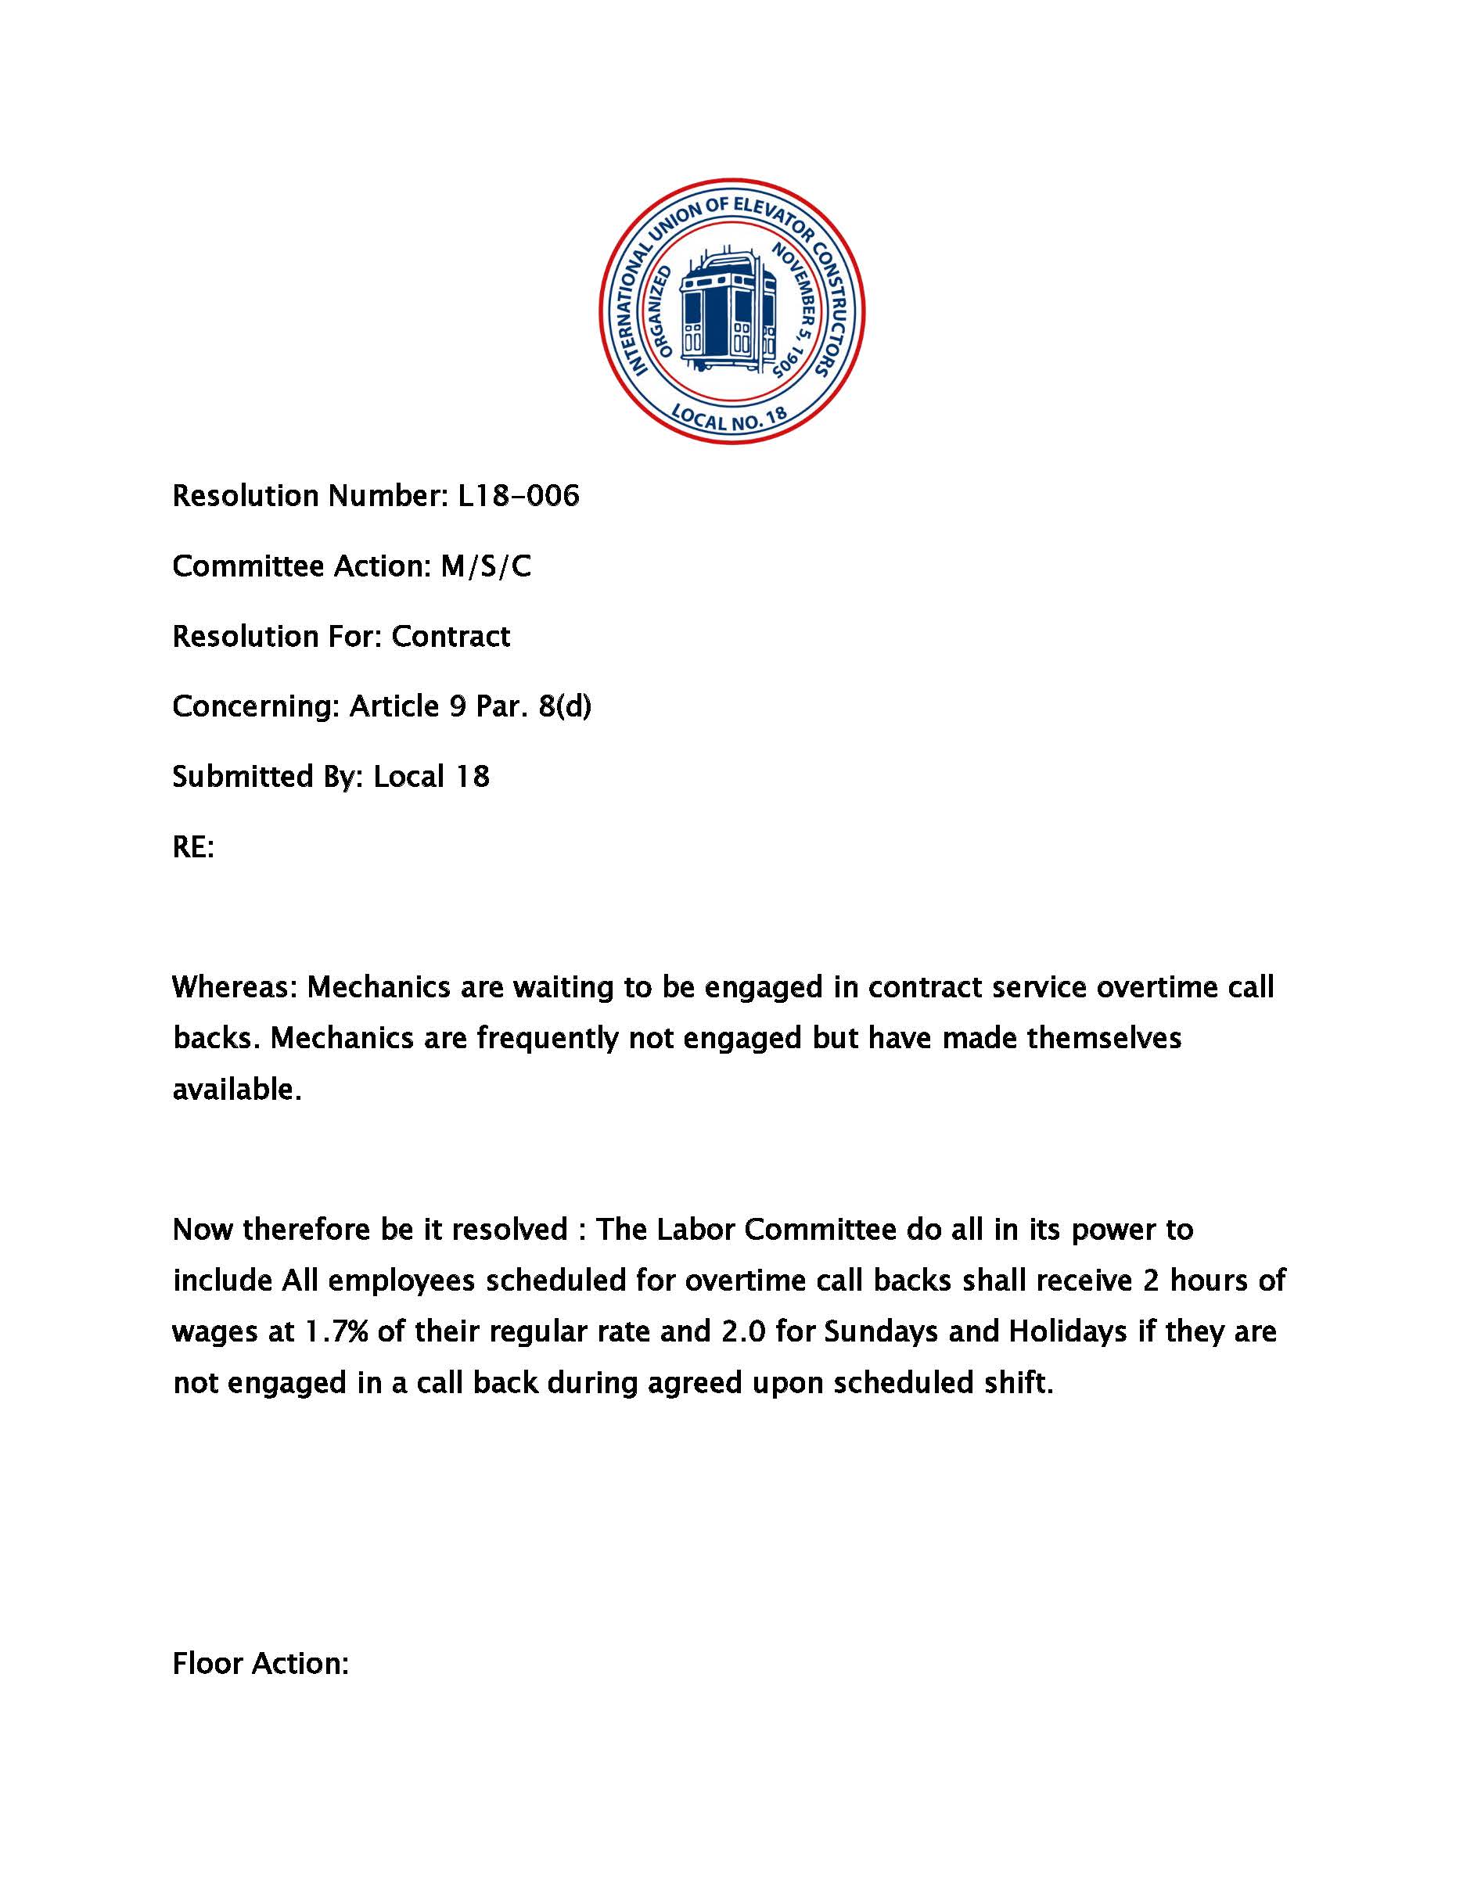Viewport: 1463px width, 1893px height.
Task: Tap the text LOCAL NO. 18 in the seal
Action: pos(731,418)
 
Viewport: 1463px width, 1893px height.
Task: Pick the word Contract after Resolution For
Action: pos(451,636)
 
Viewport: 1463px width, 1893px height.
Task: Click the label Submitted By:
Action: pos(268,777)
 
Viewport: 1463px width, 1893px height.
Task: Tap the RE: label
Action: pos(193,847)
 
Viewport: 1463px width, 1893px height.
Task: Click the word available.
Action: pos(236,1089)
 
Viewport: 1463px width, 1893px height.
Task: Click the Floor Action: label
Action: pos(260,1663)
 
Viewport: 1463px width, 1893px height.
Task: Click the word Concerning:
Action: pos(256,706)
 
